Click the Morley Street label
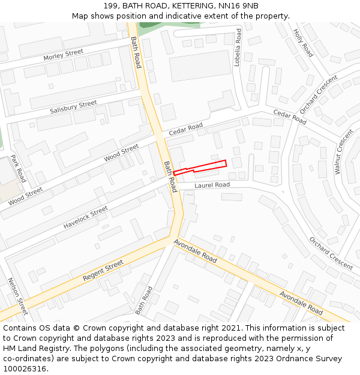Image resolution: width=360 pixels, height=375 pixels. [x=63, y=54]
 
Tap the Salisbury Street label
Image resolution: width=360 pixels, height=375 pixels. [x=73, y=107]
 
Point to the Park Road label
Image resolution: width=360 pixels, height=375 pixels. [x=18, y=170]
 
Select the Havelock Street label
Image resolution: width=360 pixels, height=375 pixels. [x=86, y=217]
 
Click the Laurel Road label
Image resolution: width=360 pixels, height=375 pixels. [x=212, y=185]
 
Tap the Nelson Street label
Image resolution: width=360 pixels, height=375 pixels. [x=17, y=296]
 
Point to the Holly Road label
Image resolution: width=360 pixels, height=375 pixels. [x=303, y=43]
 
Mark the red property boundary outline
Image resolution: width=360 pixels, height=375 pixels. [x=200, y=167]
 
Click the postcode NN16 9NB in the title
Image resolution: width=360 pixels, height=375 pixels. [x=238, y=5]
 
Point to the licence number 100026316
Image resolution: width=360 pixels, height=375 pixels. [x=24, y=369]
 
